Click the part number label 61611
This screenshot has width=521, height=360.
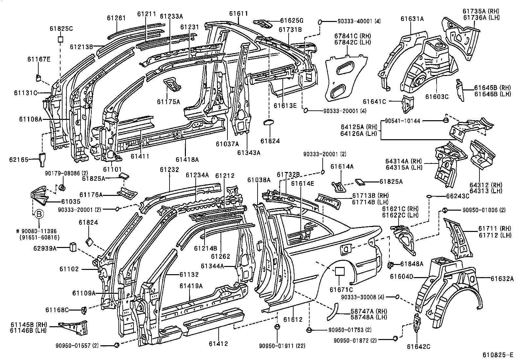[238, 13]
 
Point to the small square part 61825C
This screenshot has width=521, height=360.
[60, 39]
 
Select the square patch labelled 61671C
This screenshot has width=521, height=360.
[339, 271]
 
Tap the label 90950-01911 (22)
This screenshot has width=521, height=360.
[278, 345]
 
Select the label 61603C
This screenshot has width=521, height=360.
[437, 96]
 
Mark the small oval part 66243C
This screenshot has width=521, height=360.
[429, 196]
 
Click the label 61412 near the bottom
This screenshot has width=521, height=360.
[218, 344]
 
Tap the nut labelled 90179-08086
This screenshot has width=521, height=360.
[63, 187]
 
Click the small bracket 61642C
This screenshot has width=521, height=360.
[417, 322]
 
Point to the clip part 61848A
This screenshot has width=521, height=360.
[390, 264]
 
